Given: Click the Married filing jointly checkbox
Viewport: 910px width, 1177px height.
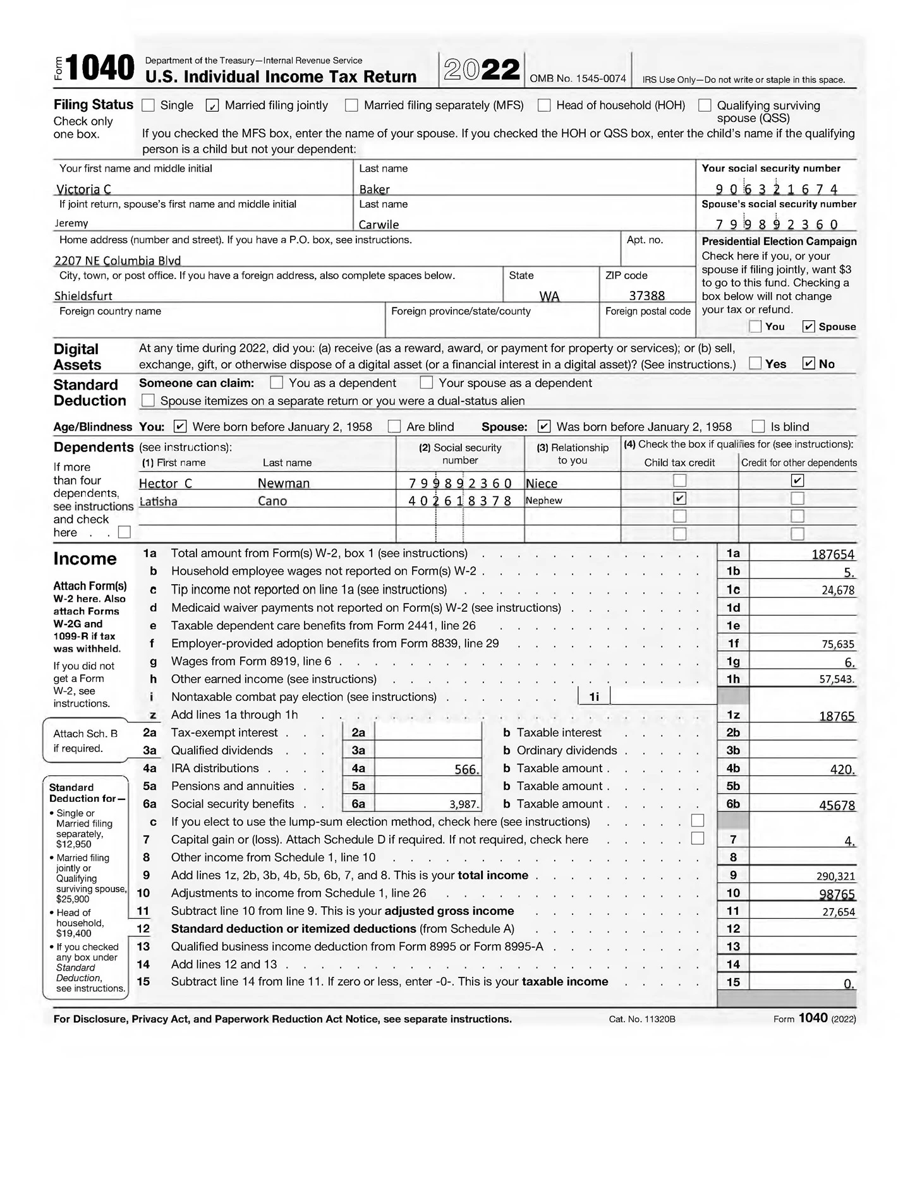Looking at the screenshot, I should coord(212,105).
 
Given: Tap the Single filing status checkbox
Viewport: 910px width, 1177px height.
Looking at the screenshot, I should coord(148,105).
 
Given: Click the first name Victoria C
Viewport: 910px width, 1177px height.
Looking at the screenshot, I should coord(84,189).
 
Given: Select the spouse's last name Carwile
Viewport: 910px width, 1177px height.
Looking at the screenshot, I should coord(379,224).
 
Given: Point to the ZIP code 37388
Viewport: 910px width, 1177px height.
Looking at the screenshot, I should coord(646,296).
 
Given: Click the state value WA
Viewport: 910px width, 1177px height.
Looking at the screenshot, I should coord(549,296).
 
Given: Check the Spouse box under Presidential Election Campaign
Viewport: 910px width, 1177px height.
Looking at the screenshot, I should coord(808,326).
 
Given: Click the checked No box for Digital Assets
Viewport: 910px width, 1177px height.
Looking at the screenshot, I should coord(808,364).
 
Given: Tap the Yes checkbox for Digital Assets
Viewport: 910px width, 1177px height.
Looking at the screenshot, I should coord(755,364).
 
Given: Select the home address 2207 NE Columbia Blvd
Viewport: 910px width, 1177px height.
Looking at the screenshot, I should coord(118,260).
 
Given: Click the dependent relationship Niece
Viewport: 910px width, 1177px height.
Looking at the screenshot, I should coord(542,483).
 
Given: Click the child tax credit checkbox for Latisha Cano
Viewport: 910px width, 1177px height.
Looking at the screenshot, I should coord(679,498).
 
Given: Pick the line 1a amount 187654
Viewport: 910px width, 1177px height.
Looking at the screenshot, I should coord(832,554).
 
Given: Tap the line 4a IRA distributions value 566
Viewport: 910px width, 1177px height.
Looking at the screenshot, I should coord(467,769).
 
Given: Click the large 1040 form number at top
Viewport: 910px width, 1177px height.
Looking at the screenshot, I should coord(100,68).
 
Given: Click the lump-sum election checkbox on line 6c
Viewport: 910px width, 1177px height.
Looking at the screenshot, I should coord(697,821).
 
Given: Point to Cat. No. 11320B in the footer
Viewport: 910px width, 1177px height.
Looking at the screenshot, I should coord(641,1019).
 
